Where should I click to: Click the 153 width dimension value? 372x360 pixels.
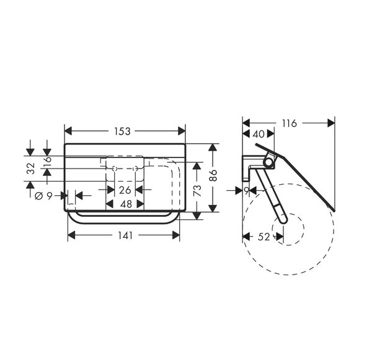[122, 131]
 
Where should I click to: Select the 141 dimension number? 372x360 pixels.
[125, 235]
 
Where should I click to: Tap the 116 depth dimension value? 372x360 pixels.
[289, 123]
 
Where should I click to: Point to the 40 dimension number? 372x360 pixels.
[259, 134]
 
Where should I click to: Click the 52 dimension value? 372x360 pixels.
[264, 237]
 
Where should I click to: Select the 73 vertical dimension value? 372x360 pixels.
[197, 190]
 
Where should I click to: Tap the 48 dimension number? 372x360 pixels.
[126, 204]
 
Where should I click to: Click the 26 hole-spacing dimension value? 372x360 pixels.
[125, 190]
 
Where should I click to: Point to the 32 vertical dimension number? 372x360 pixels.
[31, 169]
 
